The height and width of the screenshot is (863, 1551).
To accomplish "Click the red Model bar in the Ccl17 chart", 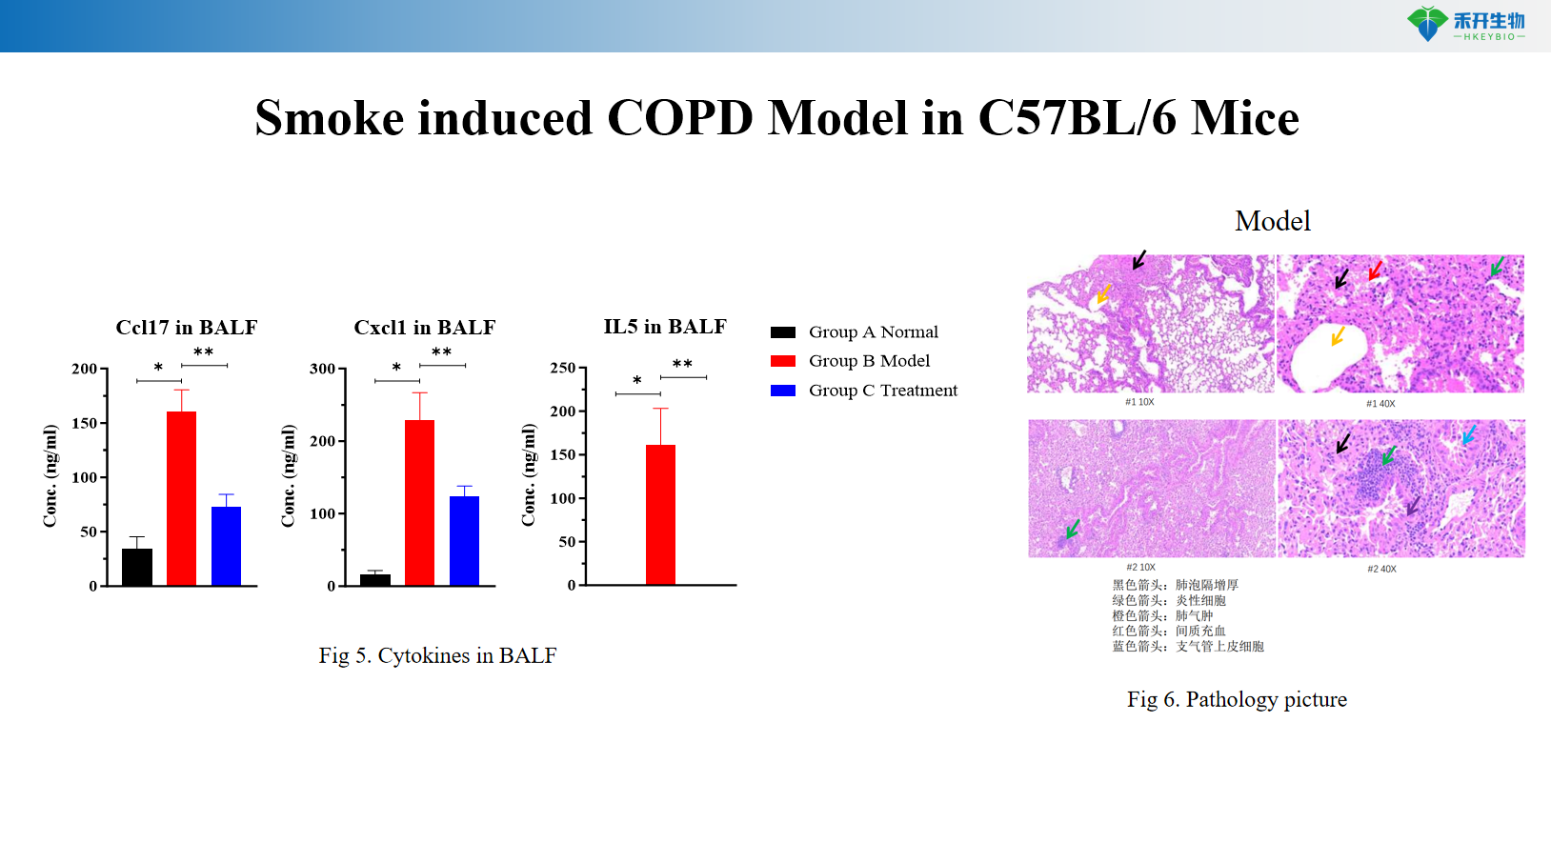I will pyautogui.click(x=181, y=498).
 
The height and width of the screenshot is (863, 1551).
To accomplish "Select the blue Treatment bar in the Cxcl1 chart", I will pyautogui.click(x=464, y=540).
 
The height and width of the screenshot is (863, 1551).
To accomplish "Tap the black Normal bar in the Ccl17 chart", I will pyautogui.click(x=137, y=567).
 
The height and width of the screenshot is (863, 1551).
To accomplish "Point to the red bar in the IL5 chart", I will pyautogui.click(x=660, y=514).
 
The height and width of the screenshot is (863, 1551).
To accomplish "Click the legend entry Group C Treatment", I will pyautogui.click(x=882, y=391).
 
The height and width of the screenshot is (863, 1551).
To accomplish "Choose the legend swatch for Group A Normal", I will pyautogui.click(x=783, y=332).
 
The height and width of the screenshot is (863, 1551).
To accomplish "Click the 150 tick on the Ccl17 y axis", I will pyautogui.click(x=85, y=423).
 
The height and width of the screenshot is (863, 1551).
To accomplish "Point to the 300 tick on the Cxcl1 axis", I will pyautogui.click(x=323, y=369).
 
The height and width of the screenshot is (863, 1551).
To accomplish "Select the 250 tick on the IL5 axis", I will pyautogui.click(x=563, y=368).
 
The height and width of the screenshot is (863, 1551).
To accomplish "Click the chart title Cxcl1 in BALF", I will pyautogui.click(x=425, y=328).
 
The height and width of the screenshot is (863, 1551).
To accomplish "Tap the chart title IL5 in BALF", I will pyautogui.click(x=665, y=327).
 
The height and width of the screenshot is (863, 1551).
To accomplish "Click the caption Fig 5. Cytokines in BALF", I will pyautogui.click(x=437, y=655).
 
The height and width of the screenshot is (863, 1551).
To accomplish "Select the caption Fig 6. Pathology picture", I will pyautogui.click(x=1237, y=699).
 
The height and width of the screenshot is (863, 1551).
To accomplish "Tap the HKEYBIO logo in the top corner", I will pyautogui.click(x=1466, y=25).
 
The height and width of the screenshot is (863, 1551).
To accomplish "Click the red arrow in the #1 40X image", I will pyautogui.click(x=1375, y=271).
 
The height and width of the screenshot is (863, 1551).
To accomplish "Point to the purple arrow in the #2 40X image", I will pyautogui.click(x=1413, y=505).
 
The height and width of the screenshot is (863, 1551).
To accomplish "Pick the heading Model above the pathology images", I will pyautogui.click(x=1273, y=221).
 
